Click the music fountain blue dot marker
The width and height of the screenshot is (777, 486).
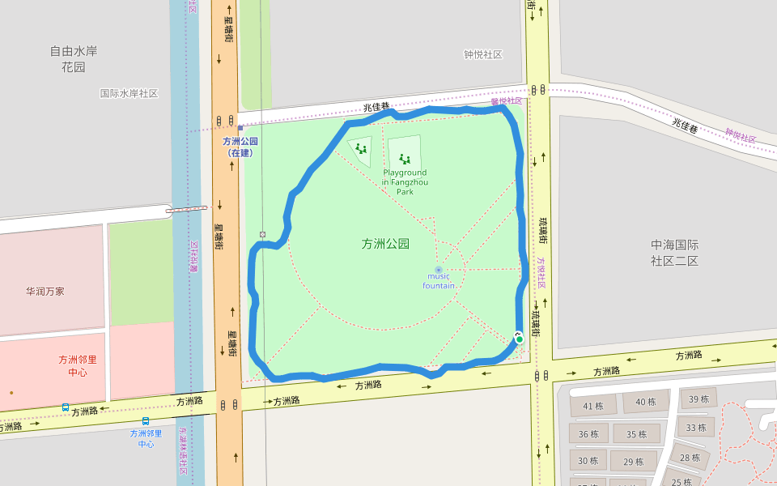pos(439,270)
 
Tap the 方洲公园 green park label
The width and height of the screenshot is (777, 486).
pos(385,244)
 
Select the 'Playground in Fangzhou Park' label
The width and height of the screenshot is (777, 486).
pos(405,181)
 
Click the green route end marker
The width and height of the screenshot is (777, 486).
pos(519,338)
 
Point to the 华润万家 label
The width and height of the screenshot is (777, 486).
pos(45,291)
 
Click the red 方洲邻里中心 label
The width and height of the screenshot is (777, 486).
pos(78,365)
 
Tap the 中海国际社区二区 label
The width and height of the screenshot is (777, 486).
pos(674,252)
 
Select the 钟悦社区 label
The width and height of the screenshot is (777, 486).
pos(483,54)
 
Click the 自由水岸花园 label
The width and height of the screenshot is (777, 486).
pos(74,58)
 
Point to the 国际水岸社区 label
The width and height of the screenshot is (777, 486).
pos(129,93)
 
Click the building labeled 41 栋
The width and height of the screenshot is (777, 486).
pos(593,406)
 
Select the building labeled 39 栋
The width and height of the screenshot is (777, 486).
pos(698,399)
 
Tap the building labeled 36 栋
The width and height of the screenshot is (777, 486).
pos(588,434)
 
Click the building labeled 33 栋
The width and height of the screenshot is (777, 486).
pos(695,427)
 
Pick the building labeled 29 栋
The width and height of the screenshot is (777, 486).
pos(634,462)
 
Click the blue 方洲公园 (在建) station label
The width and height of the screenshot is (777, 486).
pos(240,146)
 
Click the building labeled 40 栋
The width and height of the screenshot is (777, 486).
pos(646,402)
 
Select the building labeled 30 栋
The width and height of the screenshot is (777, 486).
pos(588,461)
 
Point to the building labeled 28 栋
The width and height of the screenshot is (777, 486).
pos(690,458)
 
